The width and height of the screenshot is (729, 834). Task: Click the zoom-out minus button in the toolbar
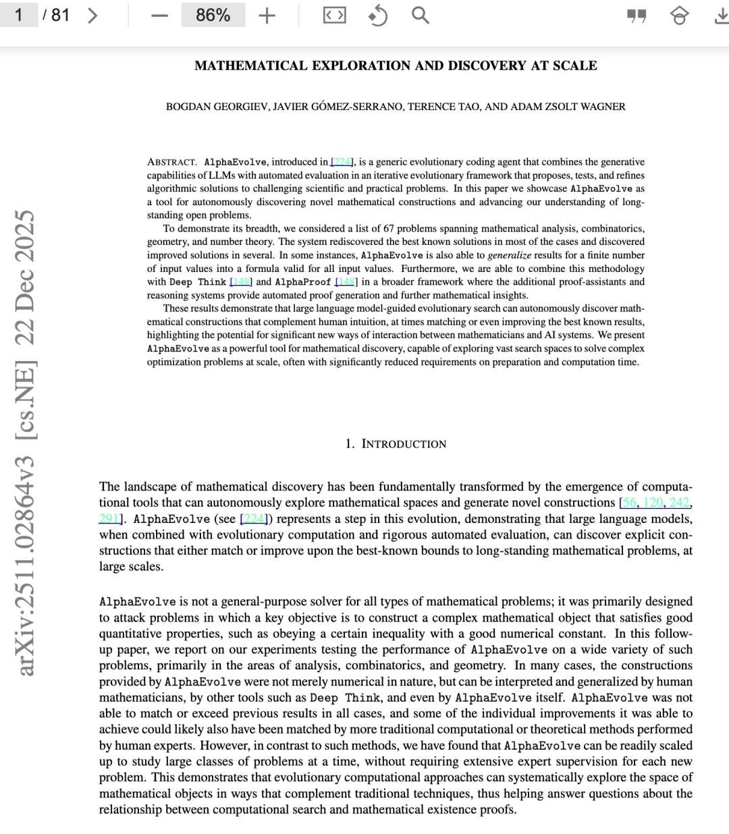pos(159,16)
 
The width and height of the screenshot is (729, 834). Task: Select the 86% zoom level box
pos(213,16)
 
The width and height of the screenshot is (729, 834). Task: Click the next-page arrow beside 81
pos(93,15)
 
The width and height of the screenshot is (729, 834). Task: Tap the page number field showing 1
pos(19,15)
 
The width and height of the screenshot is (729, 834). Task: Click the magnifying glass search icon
pos(420,16)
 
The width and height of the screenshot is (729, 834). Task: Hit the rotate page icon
pos(378,16)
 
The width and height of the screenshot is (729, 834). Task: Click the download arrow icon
pos(720,16)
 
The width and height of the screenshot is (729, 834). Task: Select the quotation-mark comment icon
pos(636,16)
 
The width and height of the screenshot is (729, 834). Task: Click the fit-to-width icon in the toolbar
pos(335,16)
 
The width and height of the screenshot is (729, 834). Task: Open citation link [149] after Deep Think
pos(241,282)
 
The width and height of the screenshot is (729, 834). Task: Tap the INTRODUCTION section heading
pos(403,444)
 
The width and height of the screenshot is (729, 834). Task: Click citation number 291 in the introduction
pos(109,519)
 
